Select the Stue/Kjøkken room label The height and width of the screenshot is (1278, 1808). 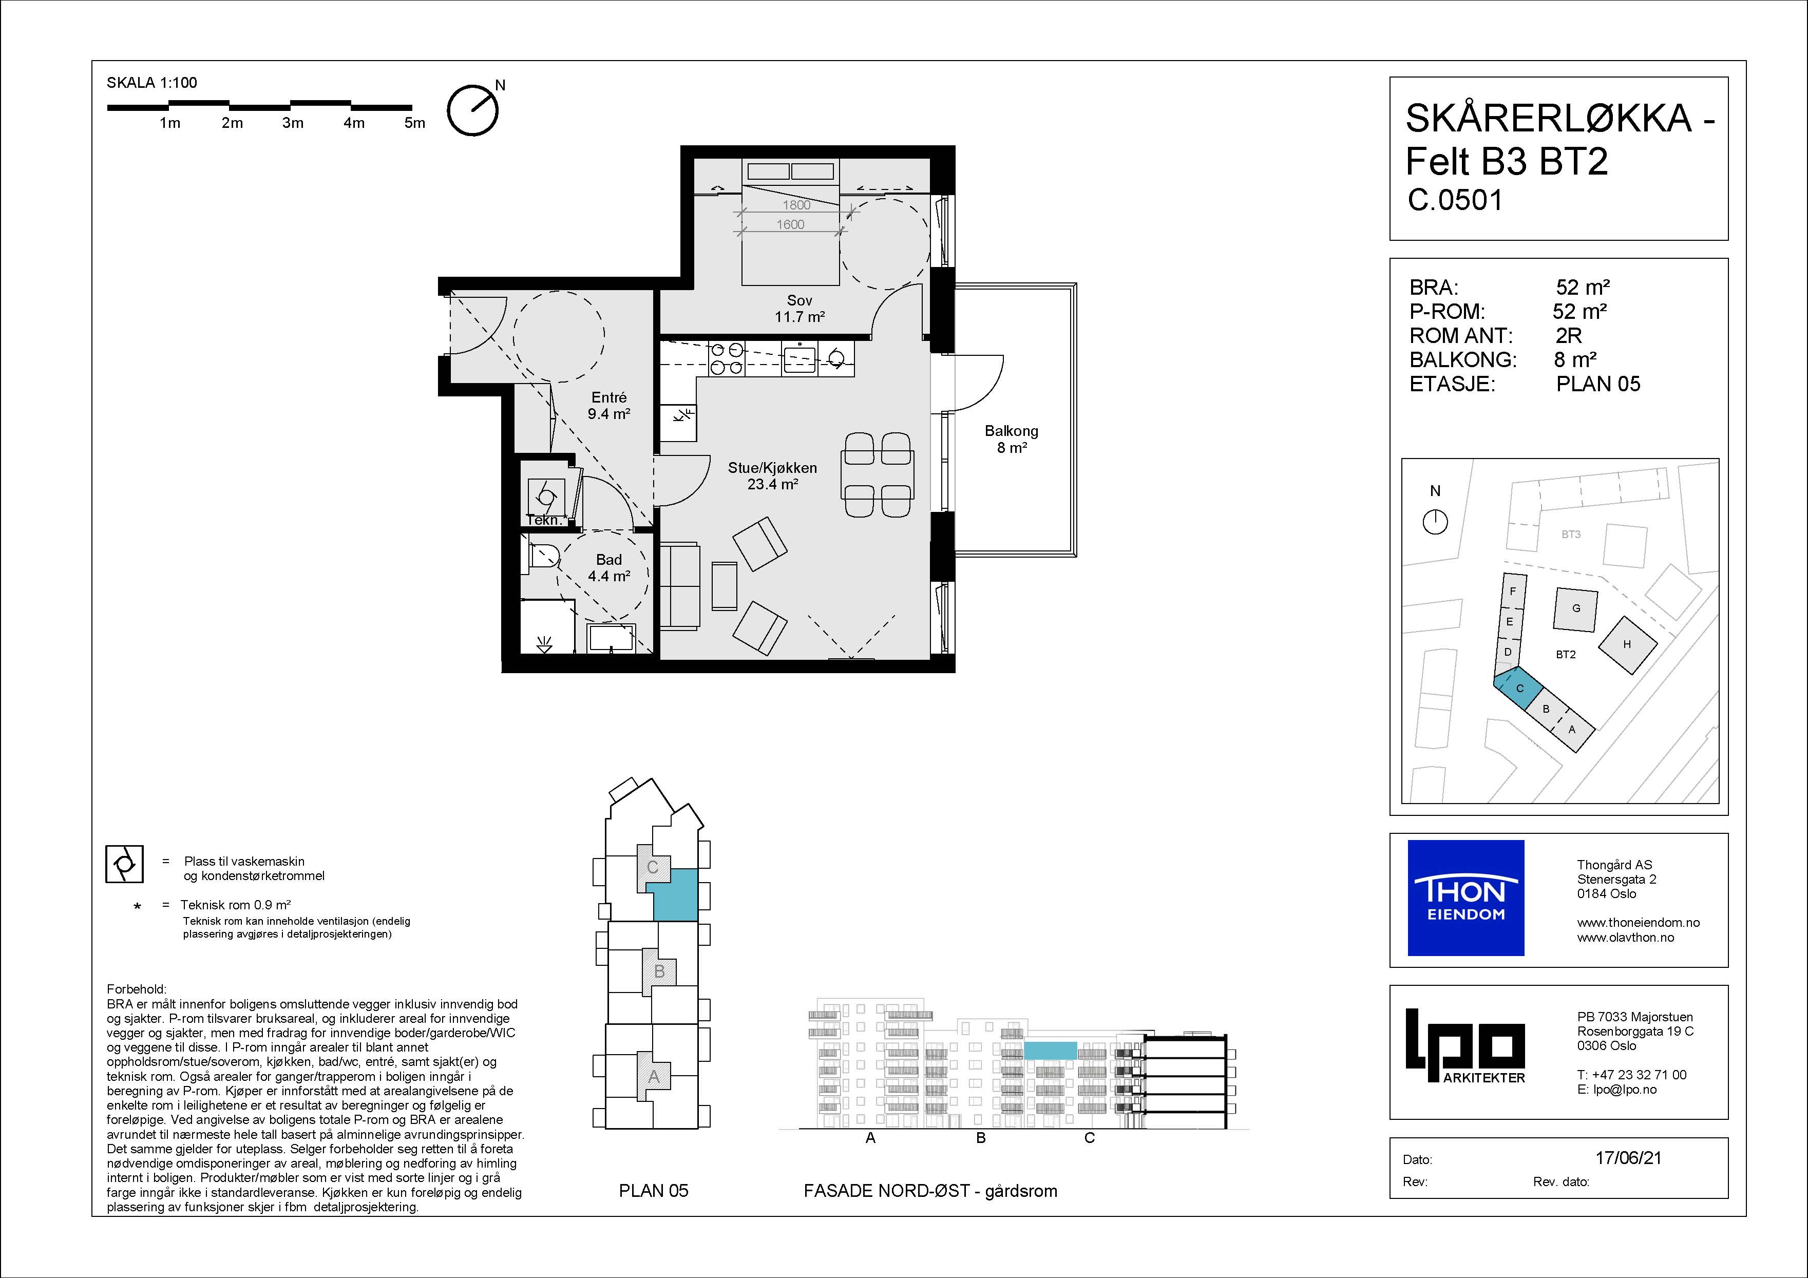[x=772, y=475]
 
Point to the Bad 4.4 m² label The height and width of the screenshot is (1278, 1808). [x=608, y=568]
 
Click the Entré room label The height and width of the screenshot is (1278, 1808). [x=608, y=406]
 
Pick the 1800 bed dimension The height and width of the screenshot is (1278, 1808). [x=796, y=205]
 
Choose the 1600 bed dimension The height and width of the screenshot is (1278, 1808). [x=791, y=224]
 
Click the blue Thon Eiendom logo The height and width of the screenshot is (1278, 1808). [x=1466, y=898]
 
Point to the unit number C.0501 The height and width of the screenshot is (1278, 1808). [x=1455, y=200]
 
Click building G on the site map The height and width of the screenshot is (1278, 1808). [x=1576, y=608]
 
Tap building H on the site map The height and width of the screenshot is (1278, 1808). [x=1627, y=644]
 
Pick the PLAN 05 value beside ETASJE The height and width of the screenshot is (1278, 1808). [x=1598, y=384]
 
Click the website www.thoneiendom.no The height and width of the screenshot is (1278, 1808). [x=1638, y=922]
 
